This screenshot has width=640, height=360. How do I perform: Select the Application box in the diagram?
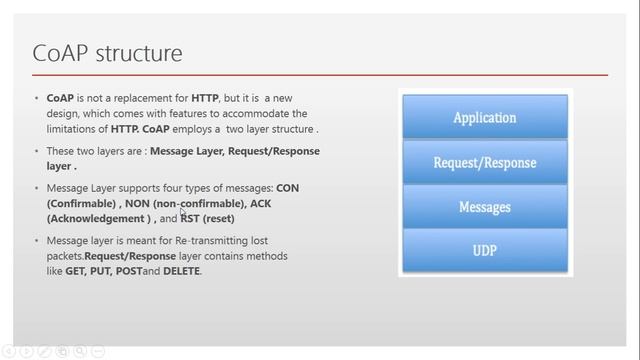click(484, 118)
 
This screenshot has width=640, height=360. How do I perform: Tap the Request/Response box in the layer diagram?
click(484, 162)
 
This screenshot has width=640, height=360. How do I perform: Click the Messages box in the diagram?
click(484, 207)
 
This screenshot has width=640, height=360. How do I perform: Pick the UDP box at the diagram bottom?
click(484, 251)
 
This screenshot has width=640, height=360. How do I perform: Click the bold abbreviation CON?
click(287, 188)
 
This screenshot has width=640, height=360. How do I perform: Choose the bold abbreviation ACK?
click(261, 203)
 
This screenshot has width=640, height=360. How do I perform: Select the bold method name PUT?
click(103, 270)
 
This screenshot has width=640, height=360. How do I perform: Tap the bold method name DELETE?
click(179, 270)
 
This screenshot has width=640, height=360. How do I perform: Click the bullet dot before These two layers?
click(37, 151)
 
